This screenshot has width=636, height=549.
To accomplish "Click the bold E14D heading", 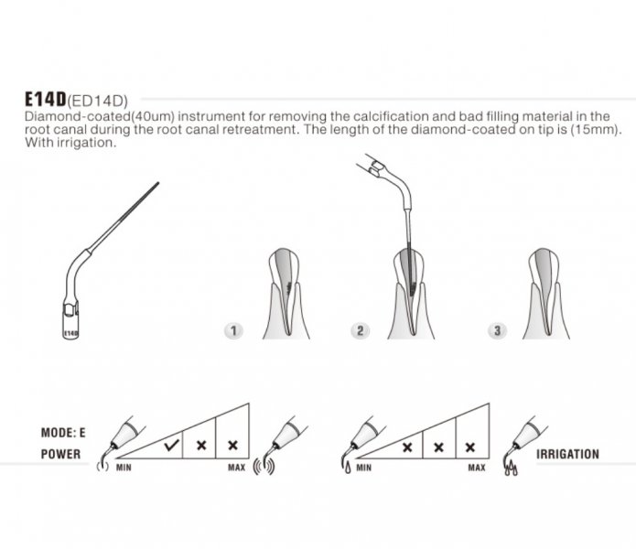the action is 46,99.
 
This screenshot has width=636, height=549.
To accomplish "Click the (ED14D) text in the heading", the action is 98,101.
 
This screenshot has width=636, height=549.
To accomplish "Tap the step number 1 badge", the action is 233,331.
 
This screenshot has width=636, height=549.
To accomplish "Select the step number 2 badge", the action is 360,331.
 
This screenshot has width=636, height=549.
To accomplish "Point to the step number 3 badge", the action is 497,331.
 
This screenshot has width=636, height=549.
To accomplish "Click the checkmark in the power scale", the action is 172,446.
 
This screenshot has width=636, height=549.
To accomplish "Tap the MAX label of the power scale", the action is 236,468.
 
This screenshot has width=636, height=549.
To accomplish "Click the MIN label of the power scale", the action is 124,468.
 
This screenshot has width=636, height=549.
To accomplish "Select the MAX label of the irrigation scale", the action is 477,468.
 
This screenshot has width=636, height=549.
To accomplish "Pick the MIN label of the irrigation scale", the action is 364,468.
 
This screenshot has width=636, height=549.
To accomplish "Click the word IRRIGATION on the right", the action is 567,454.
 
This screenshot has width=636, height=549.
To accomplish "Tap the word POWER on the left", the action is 60,454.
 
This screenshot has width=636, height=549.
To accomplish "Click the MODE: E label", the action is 63,433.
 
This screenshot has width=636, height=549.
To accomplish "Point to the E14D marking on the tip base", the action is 70,333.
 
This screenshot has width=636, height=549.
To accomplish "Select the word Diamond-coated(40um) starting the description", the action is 100,117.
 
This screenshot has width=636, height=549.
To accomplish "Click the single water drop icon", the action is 348,468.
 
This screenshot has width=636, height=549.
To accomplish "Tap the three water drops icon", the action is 511,469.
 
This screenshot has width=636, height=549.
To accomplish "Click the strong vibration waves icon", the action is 264,467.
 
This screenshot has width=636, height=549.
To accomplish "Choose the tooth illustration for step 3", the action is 546,294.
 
